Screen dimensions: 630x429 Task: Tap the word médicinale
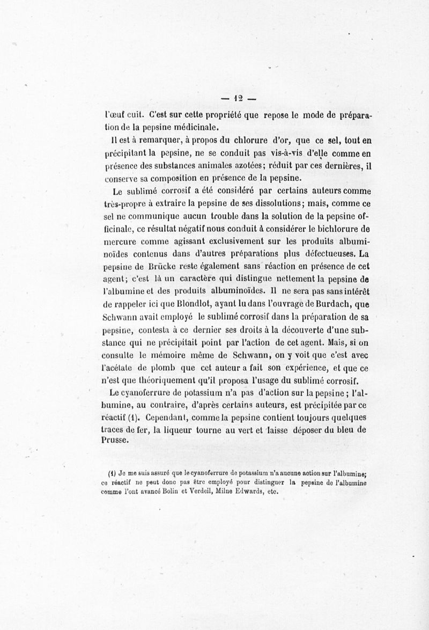[199, 127]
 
